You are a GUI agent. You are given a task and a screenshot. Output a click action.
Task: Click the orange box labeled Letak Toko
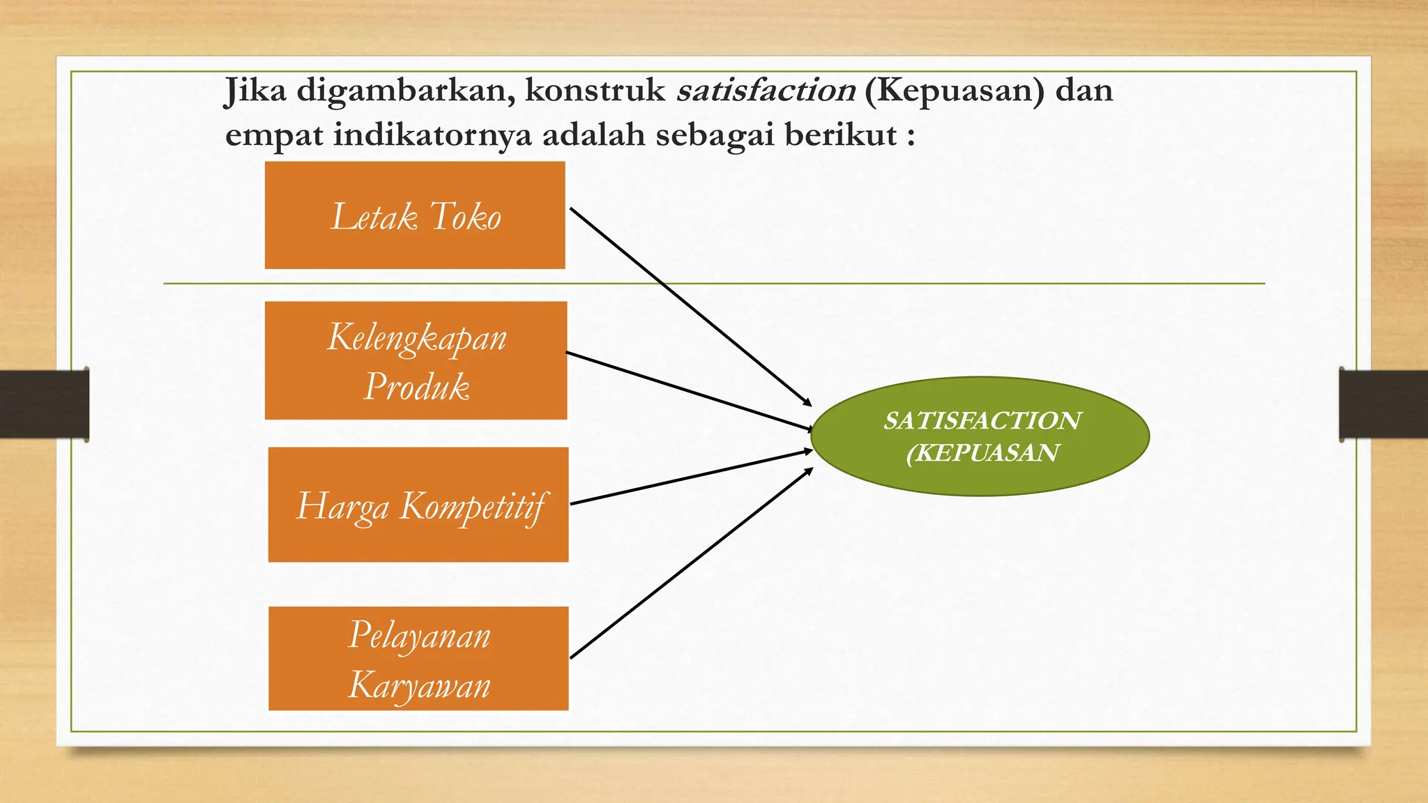click(415, 215)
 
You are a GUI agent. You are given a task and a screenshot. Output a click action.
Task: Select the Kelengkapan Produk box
click(416, 360)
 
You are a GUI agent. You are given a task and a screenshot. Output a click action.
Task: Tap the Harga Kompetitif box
click(418, 505)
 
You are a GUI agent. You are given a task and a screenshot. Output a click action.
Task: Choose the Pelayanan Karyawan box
click(418, 658)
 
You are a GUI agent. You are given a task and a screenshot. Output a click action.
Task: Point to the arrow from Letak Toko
click(690, 306)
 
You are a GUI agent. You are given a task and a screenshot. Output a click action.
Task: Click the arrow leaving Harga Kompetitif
click(690, 477)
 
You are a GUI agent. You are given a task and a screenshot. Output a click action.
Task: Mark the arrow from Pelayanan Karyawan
click(690, 563)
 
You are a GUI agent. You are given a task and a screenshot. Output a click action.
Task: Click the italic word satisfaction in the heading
click(766, 91)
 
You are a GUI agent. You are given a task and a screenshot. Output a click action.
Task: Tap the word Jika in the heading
click(255, 91)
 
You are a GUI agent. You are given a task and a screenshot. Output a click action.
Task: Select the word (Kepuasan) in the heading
click(954, 91)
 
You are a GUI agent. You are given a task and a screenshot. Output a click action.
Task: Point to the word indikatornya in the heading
click(432, 135)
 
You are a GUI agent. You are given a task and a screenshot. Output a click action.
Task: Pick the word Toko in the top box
click(465, 216)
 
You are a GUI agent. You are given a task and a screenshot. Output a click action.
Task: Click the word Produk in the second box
click(417, 386)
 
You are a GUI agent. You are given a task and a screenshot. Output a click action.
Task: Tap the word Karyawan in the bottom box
click(419, 685)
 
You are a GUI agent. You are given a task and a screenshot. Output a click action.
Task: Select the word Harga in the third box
click(342, 506)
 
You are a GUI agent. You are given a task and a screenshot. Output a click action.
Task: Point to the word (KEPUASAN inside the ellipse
click(982, 453)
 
